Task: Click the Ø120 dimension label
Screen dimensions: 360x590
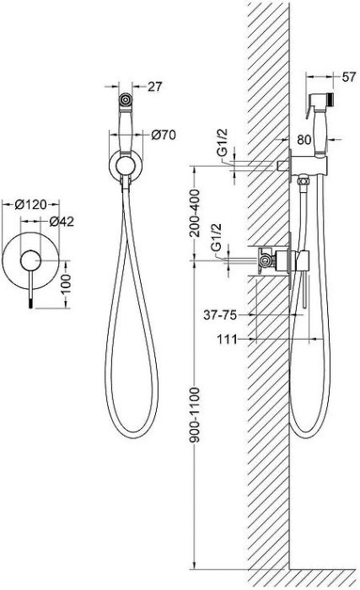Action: coord(30,205)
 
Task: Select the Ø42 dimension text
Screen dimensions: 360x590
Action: coord(62,222)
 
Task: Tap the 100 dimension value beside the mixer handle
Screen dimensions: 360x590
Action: coord(66,284)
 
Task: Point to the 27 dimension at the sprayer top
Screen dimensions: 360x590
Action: coord(155,87)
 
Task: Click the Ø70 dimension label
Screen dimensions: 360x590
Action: coord(164,135)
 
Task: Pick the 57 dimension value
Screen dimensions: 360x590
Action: coord(349,77)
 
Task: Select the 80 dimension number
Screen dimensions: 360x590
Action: coord(304,140)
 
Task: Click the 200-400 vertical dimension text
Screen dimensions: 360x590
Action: coord(195,212)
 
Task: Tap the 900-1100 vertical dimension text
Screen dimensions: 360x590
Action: coord(195,415)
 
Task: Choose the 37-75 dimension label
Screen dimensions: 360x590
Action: coord(220,314)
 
